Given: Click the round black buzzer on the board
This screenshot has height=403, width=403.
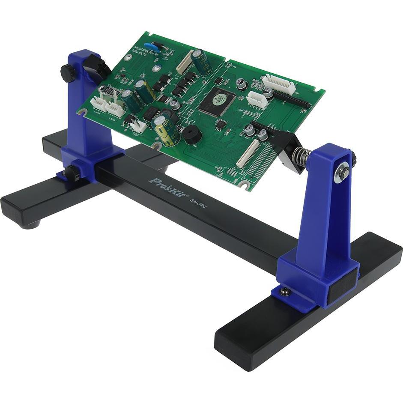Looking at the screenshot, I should [x=192, y=135].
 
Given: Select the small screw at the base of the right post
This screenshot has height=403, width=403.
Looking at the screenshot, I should [x=284, y=292].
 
